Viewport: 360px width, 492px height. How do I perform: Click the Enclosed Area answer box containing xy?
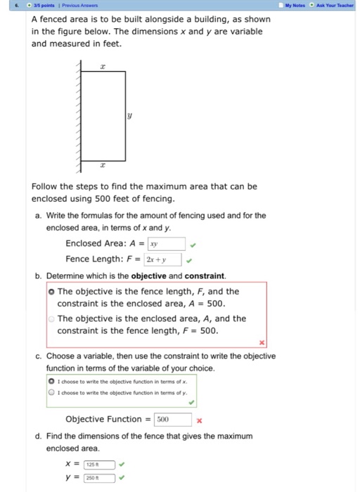coord(166,244)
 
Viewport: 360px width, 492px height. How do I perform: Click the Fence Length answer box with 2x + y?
coord(163,259)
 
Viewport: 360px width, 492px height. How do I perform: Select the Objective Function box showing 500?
coord(173,420)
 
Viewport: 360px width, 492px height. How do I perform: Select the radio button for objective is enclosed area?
coord(51,318)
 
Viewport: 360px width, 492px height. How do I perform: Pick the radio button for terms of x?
coord(51,380)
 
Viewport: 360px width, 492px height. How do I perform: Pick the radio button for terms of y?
coord(51,392)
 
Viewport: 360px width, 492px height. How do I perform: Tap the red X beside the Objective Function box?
coord(200,420)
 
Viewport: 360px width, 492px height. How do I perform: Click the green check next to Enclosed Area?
coord(193,245)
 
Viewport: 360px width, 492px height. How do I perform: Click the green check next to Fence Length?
coord(189,260)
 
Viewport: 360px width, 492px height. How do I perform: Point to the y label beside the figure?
coord(130,115)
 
